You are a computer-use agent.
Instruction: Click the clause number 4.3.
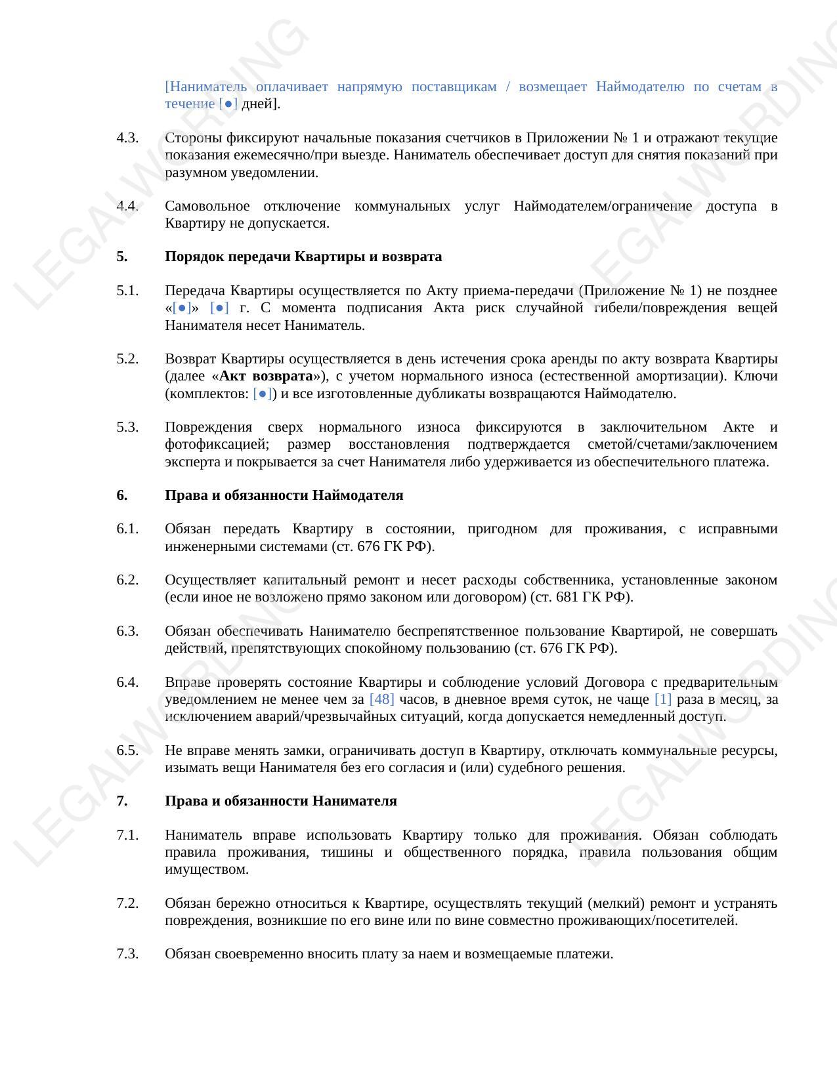point(127,138)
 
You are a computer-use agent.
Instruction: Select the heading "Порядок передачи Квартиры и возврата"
point(303,256)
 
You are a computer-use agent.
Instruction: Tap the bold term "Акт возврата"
point(266,377)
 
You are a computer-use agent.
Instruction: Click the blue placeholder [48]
point(381,699)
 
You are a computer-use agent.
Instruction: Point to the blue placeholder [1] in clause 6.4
point(663,699)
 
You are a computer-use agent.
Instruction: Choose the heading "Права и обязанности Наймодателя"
point(284,495)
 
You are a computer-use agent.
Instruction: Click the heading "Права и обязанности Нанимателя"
point(280,801)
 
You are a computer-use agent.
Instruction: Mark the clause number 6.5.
point(127,750)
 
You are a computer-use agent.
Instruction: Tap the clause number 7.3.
point(127,954)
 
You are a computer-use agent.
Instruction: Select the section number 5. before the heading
point(122,256)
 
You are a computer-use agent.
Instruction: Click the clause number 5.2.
point(127,359)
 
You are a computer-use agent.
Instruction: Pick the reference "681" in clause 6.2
point(567,597)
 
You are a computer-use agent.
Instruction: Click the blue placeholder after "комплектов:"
point(263,394)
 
